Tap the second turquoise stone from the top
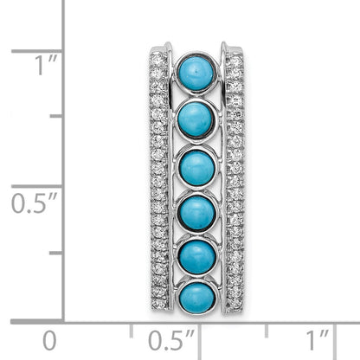[x=196, y=119]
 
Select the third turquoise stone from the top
[x=197, y=168]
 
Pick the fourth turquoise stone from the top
[x=197, y=213]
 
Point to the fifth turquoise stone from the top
[x=197, y=257]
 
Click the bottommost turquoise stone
[x=197, y=298]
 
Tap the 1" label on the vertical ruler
[x=46, y=65]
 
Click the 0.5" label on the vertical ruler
[x=34, y=202]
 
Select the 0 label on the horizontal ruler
[x=49, y=341]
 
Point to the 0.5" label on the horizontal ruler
[x=170, y=341]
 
